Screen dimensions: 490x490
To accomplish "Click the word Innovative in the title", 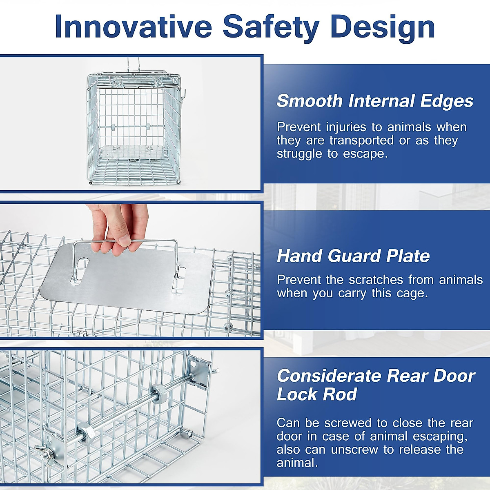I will click(x=133, y=27).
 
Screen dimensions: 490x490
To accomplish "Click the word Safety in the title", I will click(x=270, y=27).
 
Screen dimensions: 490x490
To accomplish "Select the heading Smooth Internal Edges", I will click(x=375, y=101).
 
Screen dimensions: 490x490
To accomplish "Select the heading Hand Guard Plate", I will click(x=353, y=256).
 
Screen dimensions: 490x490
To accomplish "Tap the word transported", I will click(x=361, y=140).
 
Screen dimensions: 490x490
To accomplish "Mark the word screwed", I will click(x=349, y=423).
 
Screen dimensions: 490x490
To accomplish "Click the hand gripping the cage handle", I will click(x=116, y=229).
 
